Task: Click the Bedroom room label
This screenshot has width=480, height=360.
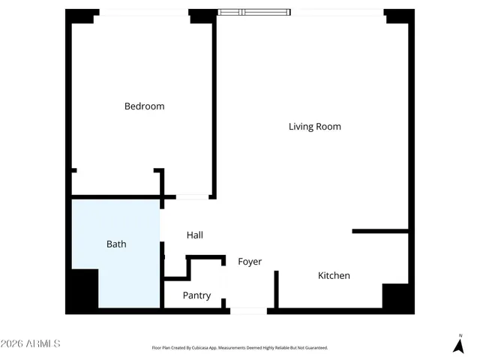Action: click(x=144, y=106)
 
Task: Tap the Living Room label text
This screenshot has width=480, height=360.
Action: click(x=314, y=127)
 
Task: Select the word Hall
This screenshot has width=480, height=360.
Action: click(x=194, y=235)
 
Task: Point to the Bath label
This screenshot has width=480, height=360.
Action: click(x=116, y=244)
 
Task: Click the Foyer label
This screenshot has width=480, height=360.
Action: click(x=250, y=262)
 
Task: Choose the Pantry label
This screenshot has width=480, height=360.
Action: click(x=196, y=295)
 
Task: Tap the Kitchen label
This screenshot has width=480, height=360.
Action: click(x=334, y=276)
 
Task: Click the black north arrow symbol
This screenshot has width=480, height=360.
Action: click(x=458, y=346)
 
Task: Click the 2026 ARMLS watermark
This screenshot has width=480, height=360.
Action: click(x=31, y=343)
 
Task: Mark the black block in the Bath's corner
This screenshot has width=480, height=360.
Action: click(x=84, y=290)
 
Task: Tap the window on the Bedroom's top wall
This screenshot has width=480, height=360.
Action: click(x=144, y=13)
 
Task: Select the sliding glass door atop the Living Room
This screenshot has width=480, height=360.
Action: click(x=253, y=12)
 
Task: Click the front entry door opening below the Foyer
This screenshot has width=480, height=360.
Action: click(x=248, y=310)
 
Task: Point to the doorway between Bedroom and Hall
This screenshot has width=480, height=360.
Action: click(x=192, y=197)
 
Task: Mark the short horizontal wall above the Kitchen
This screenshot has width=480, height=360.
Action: click(x=379, y=231)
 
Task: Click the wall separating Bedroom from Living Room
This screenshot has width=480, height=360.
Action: click(x=214, y=105)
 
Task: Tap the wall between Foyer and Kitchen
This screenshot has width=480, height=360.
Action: click(x=276, y=289)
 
